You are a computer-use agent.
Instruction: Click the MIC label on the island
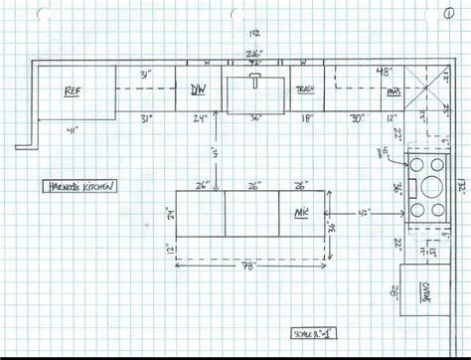pos(301,212)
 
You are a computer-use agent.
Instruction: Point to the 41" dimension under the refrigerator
pos(72,129)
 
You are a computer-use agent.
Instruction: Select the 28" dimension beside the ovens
pos(394,290)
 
